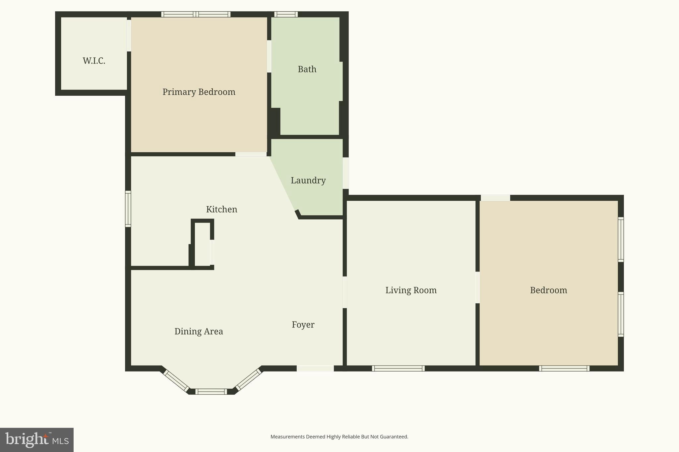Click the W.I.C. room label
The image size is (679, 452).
(x=94, y=61)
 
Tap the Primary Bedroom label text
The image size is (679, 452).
(x=199, y=92)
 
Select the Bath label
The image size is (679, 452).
(x=307, y=69)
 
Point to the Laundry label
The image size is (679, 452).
(x=308, y=180)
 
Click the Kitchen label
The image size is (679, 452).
(x=221, y=209)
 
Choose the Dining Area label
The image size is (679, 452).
(x=199, y=331)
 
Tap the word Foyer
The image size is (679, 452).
(x=303, y=325)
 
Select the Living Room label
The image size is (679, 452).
(x=411, y=290)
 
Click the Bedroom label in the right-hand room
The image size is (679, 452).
(x=548, y=290)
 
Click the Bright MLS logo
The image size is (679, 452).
(x=37, y=440)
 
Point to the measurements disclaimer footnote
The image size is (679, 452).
(x=339, y=437)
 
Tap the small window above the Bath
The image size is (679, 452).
(x=286, y=14)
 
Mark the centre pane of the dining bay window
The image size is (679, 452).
(x=211, y=392)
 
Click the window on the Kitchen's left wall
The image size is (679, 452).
(x=128, y=209)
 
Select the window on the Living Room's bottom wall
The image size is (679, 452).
(x=398, y=369)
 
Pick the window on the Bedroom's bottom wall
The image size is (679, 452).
(x=564, y=369)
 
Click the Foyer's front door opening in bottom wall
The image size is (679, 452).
(x=315, y=369)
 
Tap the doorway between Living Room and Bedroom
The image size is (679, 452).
(x=477, y=287)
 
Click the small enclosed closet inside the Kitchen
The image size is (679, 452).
(x=202, y=244)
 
